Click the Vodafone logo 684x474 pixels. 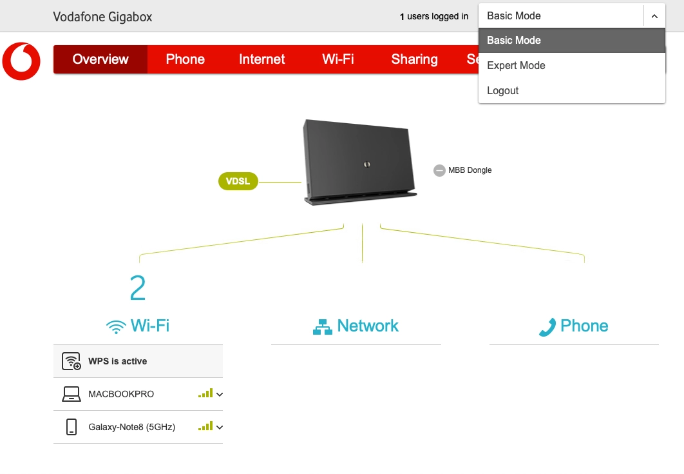tap(21, 61)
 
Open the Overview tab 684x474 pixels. tap(100, 59)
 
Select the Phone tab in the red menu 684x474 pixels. tap(185, 59)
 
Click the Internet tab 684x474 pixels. tap(261, 59)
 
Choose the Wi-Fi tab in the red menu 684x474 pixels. tap(338, 59)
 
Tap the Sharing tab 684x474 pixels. tap(414, 59)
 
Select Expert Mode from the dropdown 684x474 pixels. tap(516, 65)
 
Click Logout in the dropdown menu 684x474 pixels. tap(502, 91)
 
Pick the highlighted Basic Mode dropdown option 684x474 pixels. tap(514, 40)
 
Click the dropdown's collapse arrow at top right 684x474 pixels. tap(654, 16)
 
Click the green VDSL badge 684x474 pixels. tap(238, 182)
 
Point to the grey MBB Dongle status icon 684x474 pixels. tap(439, 170)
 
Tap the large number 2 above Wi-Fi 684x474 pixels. tap(138, 289)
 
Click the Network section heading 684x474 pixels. tap(356, 326)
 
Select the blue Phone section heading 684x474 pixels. tap(573, 326)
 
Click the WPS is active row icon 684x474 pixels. tap(71, 362)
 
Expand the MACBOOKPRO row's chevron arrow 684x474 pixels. tap(220, 394)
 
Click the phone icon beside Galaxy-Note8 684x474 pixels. tap(71, 427)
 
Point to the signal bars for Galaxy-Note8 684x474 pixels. tap(205, 426)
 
